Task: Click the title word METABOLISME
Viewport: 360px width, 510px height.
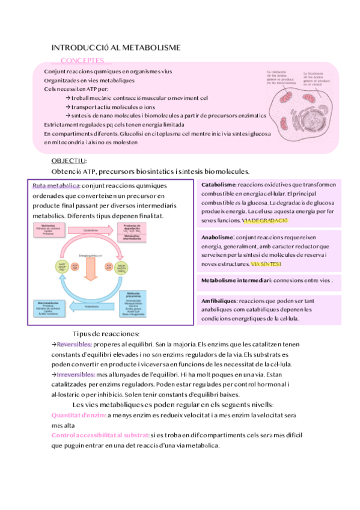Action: click(x=153, y=47)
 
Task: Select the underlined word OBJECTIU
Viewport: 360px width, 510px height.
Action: click(x=69, y=161)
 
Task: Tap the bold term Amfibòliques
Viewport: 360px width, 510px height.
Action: click(x=219, y=300)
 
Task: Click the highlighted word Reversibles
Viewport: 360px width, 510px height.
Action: click(x=75, y=344)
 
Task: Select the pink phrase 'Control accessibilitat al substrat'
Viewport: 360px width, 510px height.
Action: click(x=100, y=435)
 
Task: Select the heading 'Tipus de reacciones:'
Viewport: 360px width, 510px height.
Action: click(x=106, y=333)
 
